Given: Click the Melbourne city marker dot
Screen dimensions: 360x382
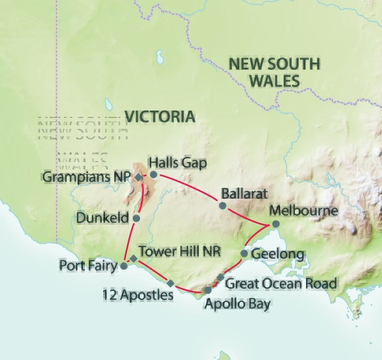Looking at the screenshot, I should (275, 224).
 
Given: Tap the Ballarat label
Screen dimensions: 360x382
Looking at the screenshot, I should (244, 193).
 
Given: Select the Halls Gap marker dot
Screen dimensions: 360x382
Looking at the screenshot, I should (153, 174).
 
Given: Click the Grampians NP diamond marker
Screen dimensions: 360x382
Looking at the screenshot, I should (138, 177).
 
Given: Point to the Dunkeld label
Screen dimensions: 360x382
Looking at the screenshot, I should (110, 218).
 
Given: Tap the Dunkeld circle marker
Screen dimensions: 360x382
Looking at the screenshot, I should (136, 218).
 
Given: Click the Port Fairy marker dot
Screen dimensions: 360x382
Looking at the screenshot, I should (123, 266).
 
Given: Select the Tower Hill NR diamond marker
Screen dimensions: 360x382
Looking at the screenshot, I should (133, 259).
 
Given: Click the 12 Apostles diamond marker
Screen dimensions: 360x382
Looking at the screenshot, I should (170, 283).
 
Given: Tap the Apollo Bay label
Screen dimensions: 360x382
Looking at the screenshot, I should (237, 304).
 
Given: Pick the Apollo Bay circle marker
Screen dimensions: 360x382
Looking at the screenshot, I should (208, 290).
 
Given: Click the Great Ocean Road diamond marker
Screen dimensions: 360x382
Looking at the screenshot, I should (221, 277).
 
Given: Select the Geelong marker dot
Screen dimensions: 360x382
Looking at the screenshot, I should (244, 254).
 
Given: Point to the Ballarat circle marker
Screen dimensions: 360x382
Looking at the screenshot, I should (223, 205).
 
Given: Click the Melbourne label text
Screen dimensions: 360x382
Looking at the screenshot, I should (304, 211).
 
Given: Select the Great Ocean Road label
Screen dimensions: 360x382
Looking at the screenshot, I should (281, 283).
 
